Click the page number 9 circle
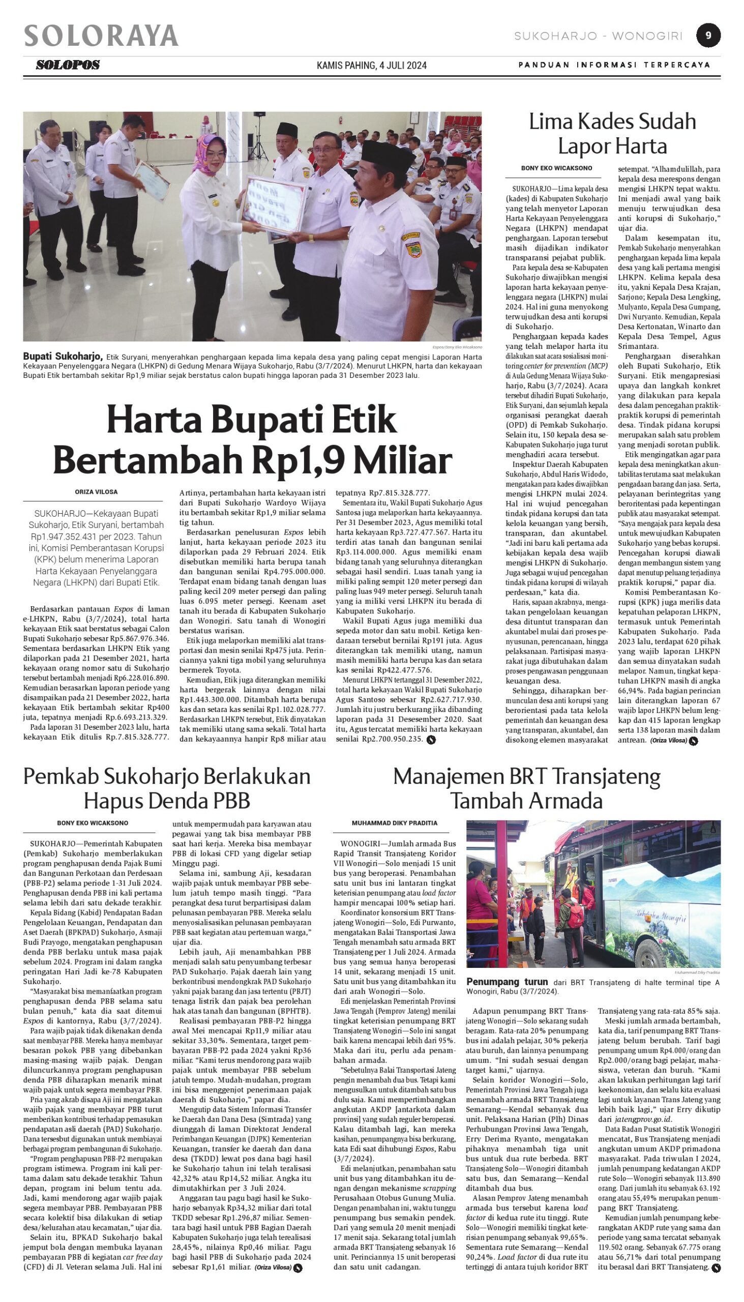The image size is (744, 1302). click(708, 36)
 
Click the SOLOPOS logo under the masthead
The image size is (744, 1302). click(68, 65)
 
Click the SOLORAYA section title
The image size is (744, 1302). click(101, 36)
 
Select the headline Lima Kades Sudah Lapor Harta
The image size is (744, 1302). click(612, 134)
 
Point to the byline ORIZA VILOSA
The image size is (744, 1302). click(96, 492)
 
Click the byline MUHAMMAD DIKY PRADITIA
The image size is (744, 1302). click(395, 823)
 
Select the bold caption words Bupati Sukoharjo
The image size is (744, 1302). click(63, 356)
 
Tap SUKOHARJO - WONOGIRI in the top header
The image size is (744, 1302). click(599, 36)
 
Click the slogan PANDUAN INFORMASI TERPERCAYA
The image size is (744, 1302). click(614, 65)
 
